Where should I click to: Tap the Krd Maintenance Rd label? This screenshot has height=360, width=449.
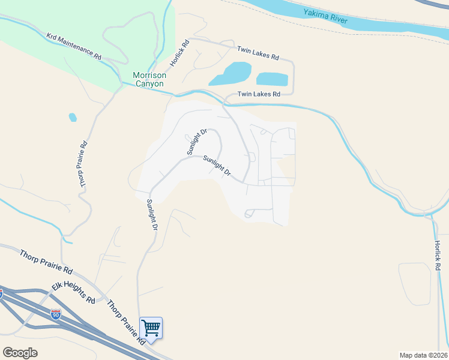[x=74, y=46]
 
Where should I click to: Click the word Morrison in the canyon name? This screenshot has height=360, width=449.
[x=149, y=75]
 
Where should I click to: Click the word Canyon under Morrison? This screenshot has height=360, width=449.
[x=149, y=84]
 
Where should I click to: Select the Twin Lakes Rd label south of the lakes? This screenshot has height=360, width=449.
[x=259, y=94]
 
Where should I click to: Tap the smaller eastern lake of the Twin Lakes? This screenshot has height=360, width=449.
[x=272, y=79]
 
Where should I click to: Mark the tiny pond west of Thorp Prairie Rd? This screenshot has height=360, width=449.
[x=73, y=117]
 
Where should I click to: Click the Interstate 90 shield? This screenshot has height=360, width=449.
[x=56, y=314]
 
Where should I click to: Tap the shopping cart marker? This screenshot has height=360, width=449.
[x=151, y=328]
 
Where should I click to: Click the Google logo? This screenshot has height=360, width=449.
[x=20, y=353]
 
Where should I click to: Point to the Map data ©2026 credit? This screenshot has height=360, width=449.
[x=423, y=355]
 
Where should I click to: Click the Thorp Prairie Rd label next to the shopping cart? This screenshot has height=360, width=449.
[x=126, y=322]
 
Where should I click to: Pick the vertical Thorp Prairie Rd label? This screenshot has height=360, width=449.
[x=84, y=164]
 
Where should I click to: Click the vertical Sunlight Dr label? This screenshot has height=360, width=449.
[x=152, y=215]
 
